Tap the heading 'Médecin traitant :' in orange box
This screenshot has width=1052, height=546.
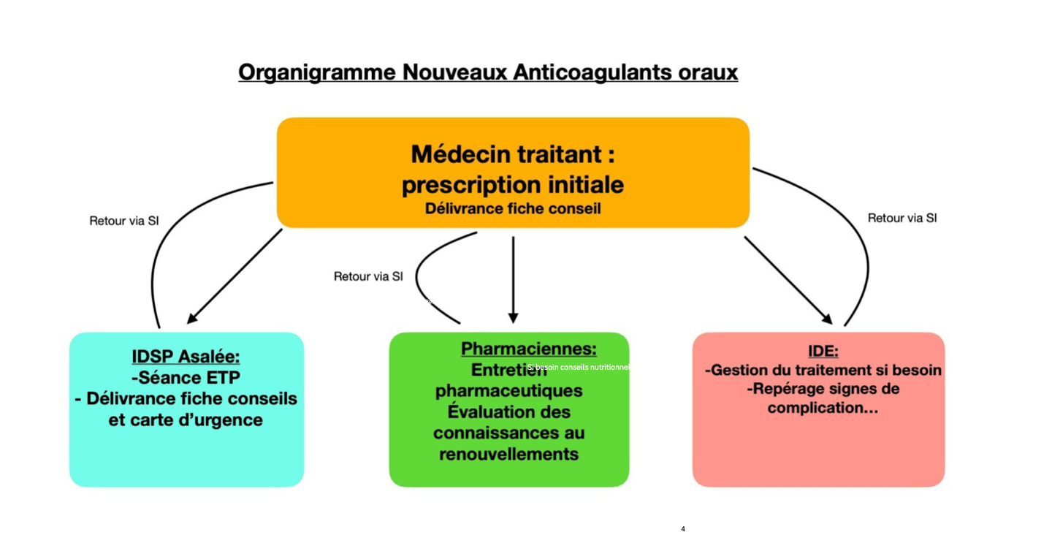click(x=513, y=154)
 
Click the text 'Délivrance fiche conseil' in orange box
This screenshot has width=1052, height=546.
click(x=513, y=208)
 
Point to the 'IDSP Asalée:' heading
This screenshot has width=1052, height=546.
click(x=186, y=357)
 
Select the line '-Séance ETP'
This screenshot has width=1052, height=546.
click(x=186, y=378)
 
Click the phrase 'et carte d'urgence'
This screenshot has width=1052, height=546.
click(x=186, y=420)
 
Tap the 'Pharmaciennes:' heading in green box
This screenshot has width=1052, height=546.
click(x=528, y=349)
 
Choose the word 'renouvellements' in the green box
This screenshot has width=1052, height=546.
click(x=508, y=454)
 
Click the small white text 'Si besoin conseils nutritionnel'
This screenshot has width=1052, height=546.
click(x=578, y=367)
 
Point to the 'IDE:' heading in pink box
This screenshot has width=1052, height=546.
click(x=823, y=351)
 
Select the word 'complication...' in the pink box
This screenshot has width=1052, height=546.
click(x=823, y=408)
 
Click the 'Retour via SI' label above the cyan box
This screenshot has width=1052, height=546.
click(x=123, y=221)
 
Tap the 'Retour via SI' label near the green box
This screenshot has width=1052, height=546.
click(x=368, y=276)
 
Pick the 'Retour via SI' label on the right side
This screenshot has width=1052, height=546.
click(x=902, y=218)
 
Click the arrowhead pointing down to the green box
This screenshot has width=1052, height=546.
click(x=513, y=318)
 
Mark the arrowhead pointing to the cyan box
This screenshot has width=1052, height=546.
click(x=192, y=319)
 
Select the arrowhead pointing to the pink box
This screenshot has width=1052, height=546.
click(x=827, y=319)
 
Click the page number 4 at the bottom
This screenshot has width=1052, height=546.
click(x=683, y=529)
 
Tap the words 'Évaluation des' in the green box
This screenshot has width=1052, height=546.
click(x=508, y=412)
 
